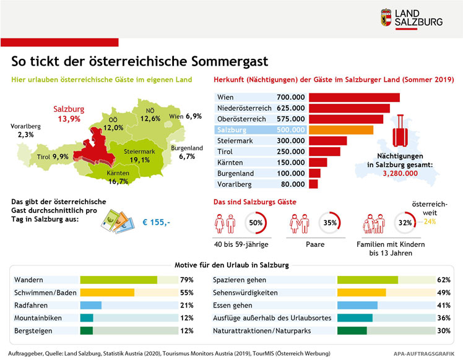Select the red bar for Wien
click(354, 97)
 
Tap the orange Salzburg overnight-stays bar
click(341, 129)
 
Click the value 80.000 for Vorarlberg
click(292, 184)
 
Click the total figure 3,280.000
click(399, 174)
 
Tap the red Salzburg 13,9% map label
click(69, 114)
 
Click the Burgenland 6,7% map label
click(186, 152)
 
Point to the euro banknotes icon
click(115, 220)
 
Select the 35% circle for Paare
click(330, 222)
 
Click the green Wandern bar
click(118, 280)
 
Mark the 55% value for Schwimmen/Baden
click(187, 293)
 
